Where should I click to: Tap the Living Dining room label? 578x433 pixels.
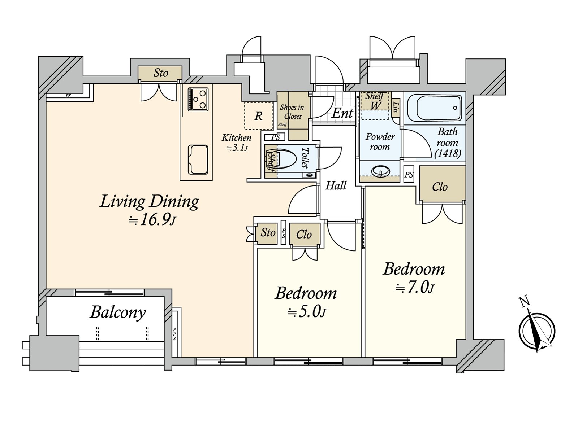point(149,201)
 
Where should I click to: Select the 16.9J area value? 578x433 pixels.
point(152,220)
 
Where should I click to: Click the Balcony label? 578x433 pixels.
point(117,312)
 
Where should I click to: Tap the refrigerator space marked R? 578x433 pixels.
point(258,116)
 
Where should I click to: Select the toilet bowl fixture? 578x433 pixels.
point(287,161)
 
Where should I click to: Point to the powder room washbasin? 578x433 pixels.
point(380,171)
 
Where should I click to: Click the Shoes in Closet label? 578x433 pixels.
point(292,111)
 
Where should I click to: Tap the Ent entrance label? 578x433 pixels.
point(342,113)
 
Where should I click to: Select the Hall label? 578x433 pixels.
point(336,186)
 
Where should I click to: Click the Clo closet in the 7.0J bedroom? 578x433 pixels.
point(440,187)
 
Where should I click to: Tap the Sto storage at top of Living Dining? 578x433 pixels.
point(160,73)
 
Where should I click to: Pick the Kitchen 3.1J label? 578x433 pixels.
point(237,142)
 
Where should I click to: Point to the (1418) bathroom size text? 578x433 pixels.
point(448,154)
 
